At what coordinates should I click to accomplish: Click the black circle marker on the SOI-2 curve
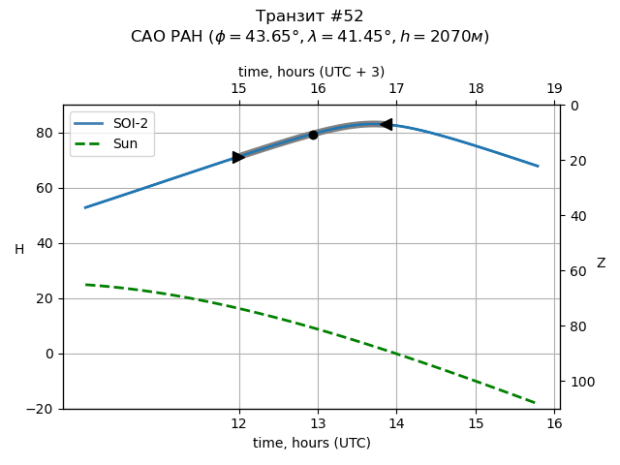[x=313, y=135]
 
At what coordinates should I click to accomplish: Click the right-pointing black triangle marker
[x=238, y=157]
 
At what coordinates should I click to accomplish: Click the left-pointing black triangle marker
[x=387, y=124]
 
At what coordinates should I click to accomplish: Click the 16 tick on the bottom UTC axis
[x=554, y=423]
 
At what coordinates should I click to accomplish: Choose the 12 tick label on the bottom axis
[x=239, y=423]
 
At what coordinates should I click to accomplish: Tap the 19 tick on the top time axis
[x=554, y=89]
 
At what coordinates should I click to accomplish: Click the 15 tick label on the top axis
[x=239, y=89]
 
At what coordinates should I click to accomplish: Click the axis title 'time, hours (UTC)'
[x=311, y=443]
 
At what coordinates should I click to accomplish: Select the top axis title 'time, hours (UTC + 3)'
[x=311, y=72]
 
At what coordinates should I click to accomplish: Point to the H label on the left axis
[x=19, y=250]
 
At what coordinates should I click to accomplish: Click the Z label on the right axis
[x=601, y=263]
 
